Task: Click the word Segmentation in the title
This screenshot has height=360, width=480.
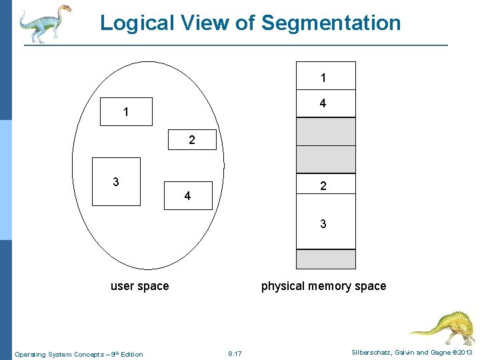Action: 331,23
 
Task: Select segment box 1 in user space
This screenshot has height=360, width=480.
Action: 126,112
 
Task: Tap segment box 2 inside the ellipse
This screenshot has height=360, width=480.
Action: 192,140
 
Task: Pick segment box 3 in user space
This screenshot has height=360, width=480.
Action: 116,181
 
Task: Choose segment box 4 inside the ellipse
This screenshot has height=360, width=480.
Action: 187,195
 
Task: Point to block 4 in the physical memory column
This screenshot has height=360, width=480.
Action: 325,103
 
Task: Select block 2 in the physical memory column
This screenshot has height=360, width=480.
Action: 325,187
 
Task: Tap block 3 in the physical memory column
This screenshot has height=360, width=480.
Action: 325,224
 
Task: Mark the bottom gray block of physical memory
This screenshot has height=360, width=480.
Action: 325,259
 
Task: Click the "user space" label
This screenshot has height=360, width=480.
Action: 139,286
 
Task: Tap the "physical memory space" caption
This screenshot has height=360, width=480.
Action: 323,286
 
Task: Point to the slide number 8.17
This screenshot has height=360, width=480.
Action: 235,353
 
